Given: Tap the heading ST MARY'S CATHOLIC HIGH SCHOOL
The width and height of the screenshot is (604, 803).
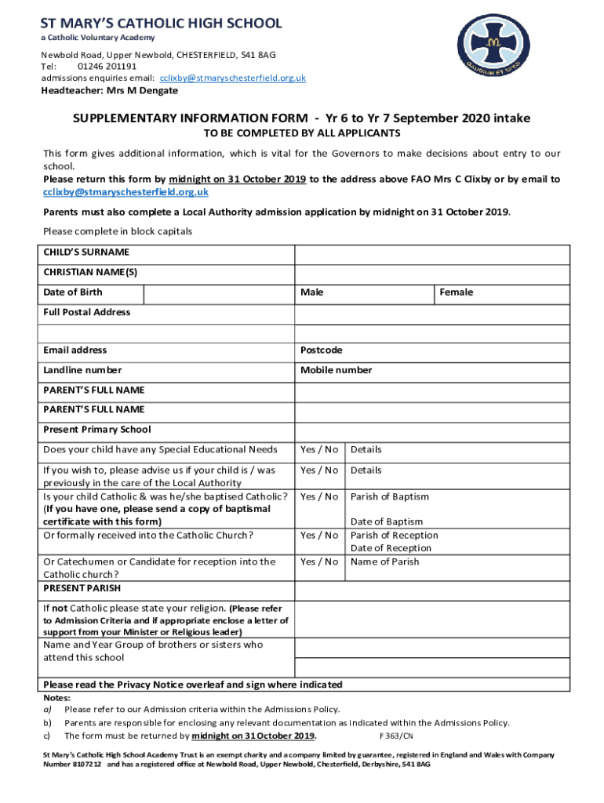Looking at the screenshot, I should [x=162, y=23].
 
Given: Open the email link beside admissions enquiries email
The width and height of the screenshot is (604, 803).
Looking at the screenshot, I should [x=233, y=78].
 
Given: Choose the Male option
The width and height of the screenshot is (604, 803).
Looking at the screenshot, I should [x=311, y=292].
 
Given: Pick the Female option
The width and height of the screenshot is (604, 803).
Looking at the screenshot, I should [x=456, y=292].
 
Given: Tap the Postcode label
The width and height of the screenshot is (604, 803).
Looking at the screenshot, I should [x=321, y=351].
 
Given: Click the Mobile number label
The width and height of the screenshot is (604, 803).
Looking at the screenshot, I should [x=336, y=370].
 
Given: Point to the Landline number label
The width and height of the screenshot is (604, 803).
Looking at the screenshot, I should [x=82, y=370].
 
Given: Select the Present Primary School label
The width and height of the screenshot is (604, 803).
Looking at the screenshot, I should [x=97, y=430].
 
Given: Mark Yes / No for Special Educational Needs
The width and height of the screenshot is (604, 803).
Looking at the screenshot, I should [x=319, y=450].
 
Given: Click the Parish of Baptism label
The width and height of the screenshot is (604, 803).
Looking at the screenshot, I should [x=390, y=496].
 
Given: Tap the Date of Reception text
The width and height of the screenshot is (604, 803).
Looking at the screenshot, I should [x=391, y=548].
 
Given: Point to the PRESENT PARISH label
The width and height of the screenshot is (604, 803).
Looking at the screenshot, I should [x=82, y=588].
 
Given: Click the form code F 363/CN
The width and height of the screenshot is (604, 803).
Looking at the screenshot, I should [x=396, y=736].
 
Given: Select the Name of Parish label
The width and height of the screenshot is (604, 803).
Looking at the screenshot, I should [x=384, y=561].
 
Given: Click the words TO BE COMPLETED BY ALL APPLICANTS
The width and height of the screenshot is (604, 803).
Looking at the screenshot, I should [x=302, y=134].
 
